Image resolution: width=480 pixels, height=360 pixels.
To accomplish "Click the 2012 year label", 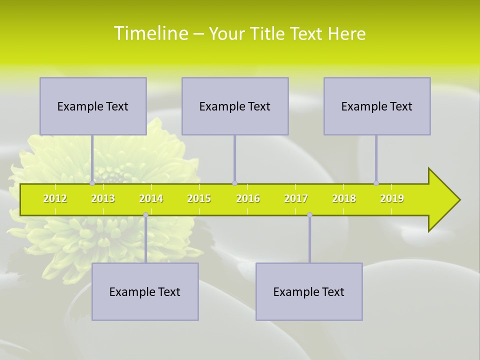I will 55,199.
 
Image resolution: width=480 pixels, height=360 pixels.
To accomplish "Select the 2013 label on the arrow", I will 103,199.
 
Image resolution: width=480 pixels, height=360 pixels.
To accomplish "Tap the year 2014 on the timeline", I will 151,199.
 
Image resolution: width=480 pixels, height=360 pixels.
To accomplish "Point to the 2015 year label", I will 199,199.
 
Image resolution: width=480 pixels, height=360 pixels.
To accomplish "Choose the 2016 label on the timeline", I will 248,199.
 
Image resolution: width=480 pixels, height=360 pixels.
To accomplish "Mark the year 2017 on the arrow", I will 296,199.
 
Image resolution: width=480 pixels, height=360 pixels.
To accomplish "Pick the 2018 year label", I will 344,199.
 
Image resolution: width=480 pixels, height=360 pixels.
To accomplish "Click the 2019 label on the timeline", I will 392,199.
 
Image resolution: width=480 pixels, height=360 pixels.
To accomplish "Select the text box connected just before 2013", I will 93,106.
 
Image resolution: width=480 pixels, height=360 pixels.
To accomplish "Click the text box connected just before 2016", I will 235,106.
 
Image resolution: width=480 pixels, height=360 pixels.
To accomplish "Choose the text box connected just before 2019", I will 377,106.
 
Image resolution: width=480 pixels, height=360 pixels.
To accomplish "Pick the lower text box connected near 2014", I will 145,292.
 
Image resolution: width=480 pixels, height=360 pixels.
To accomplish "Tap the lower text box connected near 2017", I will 309,292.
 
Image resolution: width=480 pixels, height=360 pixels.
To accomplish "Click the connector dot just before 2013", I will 92,183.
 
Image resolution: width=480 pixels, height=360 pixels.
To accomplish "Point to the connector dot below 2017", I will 309,215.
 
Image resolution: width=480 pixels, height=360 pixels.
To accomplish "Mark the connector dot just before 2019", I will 376,183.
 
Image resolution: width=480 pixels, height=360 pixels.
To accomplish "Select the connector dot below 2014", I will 145,215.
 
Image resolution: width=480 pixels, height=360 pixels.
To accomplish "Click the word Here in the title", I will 346,34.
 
